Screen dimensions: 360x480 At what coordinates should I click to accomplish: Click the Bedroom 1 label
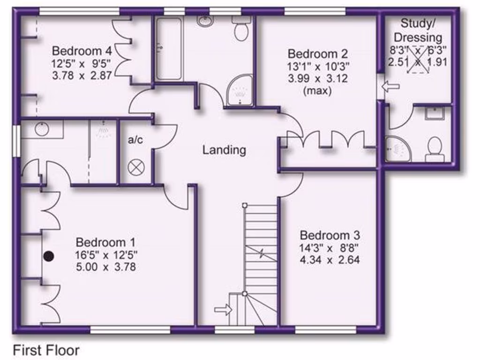[105, 242]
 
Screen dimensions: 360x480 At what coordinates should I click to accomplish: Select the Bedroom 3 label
[330, 235]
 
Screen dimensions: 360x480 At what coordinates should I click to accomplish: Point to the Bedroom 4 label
[82, 51]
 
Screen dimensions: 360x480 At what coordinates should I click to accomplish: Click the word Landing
[224, 150]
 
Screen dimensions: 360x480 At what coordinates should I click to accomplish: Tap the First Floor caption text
[46, 350]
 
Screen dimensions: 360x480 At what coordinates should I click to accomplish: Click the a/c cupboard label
[135, 140]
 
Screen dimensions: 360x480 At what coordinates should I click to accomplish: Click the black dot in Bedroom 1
[48, 256]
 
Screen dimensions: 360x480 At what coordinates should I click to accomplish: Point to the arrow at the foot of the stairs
[223, 310]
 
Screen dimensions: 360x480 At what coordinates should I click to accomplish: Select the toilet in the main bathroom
[242, 29]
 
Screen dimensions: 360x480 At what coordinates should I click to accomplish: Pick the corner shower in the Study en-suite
[397, 150]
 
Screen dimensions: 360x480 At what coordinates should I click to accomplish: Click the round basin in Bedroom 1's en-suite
[42, 128]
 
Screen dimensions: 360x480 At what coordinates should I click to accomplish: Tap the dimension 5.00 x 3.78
[106, 268]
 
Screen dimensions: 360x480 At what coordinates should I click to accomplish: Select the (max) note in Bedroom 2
[318, 90]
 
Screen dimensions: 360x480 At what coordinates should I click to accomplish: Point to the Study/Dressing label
[417, 30]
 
